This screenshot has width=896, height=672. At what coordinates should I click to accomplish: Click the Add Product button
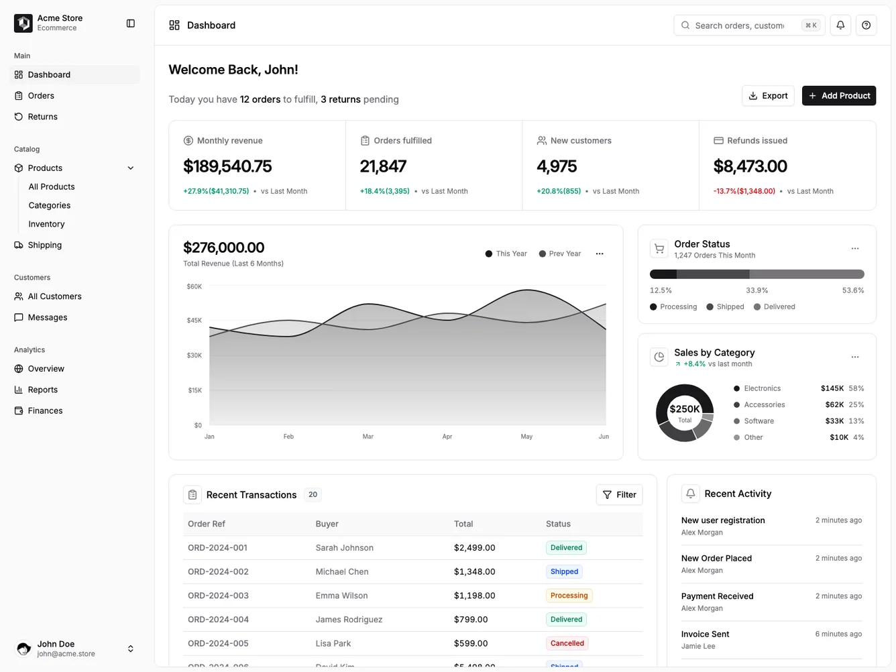point(838,96)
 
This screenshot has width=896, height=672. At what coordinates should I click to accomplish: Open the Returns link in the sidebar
point(42,117)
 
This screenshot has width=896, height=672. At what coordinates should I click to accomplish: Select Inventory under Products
point(46,224)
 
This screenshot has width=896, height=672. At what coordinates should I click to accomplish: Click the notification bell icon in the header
point(840,25)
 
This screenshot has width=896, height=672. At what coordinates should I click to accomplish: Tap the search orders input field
point(739,25)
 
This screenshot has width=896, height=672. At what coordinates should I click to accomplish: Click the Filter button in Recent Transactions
point(619,495)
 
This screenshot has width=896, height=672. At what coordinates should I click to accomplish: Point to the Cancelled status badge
point(567,643)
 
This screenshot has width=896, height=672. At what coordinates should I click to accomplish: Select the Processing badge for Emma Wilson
point(569,596)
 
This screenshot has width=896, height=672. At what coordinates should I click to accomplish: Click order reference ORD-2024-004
point(218,620)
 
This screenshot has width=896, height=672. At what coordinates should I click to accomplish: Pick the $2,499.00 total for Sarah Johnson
point(474,548)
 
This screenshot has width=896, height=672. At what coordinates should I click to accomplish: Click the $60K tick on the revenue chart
point(194,286)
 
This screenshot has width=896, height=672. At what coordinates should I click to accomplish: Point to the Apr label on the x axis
point(447,437)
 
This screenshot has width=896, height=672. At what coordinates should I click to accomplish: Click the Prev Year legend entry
point(560,254)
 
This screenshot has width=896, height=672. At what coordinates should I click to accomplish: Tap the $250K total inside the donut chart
point(684,409)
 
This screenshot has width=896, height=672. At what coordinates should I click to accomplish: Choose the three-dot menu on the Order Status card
point(854,249)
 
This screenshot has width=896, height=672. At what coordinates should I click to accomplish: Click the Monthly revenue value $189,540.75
point(227,166)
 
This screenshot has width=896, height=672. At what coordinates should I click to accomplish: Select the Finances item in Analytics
point(45,411)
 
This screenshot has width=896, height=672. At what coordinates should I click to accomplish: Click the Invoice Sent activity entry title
point(705,634)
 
